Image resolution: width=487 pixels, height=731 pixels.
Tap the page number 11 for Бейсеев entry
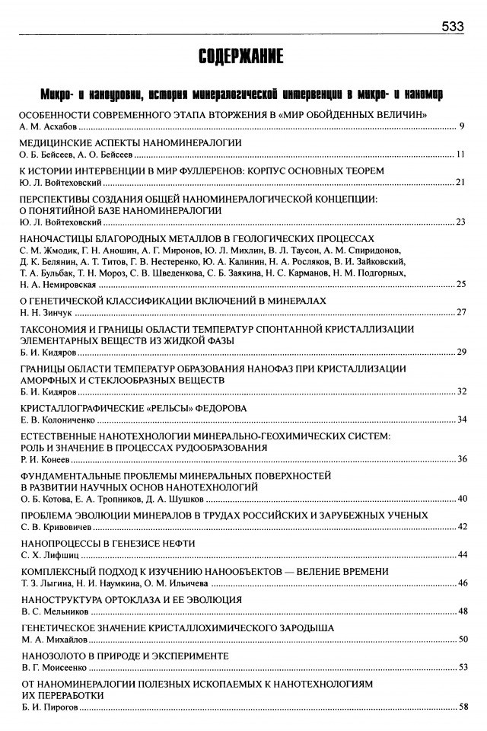coord(460,155)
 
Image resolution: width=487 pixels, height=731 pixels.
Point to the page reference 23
coord(460,222)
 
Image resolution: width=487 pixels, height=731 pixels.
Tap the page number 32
coord(460,391)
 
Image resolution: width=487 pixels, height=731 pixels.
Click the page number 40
coord(460,499)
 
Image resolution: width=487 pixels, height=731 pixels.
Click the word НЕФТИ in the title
coord(177,543)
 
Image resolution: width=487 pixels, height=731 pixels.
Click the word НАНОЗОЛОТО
coord(54,656)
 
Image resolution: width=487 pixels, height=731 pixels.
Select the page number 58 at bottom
coord(460,707)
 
